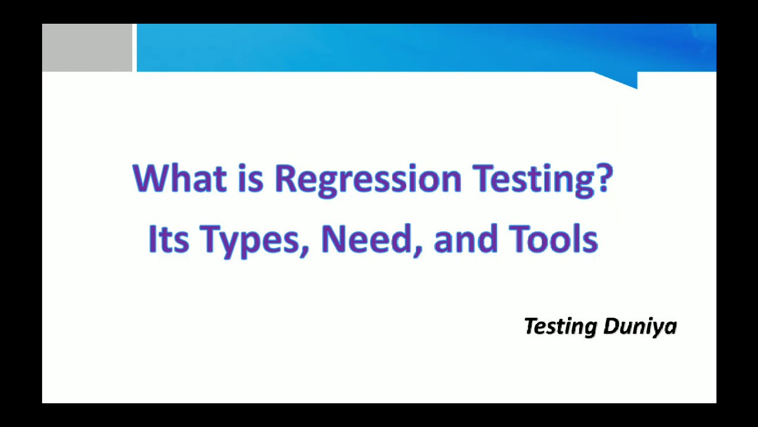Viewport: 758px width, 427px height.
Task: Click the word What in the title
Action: (x=179, y=178)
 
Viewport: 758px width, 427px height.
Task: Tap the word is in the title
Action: (x=250, y=178)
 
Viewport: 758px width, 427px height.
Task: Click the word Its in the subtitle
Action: (x=168, y=239)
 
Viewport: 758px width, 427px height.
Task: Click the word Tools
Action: (x=553, y=239)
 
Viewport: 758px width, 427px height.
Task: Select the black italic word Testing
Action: (x=560, y=327)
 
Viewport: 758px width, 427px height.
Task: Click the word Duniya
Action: (x=640, y=327)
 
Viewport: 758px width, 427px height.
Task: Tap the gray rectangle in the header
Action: (x=87, y=47)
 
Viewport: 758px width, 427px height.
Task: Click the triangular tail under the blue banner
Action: (x=622, y=79)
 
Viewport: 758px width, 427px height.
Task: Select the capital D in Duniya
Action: (x=611, y=326)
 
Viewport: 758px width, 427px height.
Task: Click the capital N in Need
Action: (x=333, y=239)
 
